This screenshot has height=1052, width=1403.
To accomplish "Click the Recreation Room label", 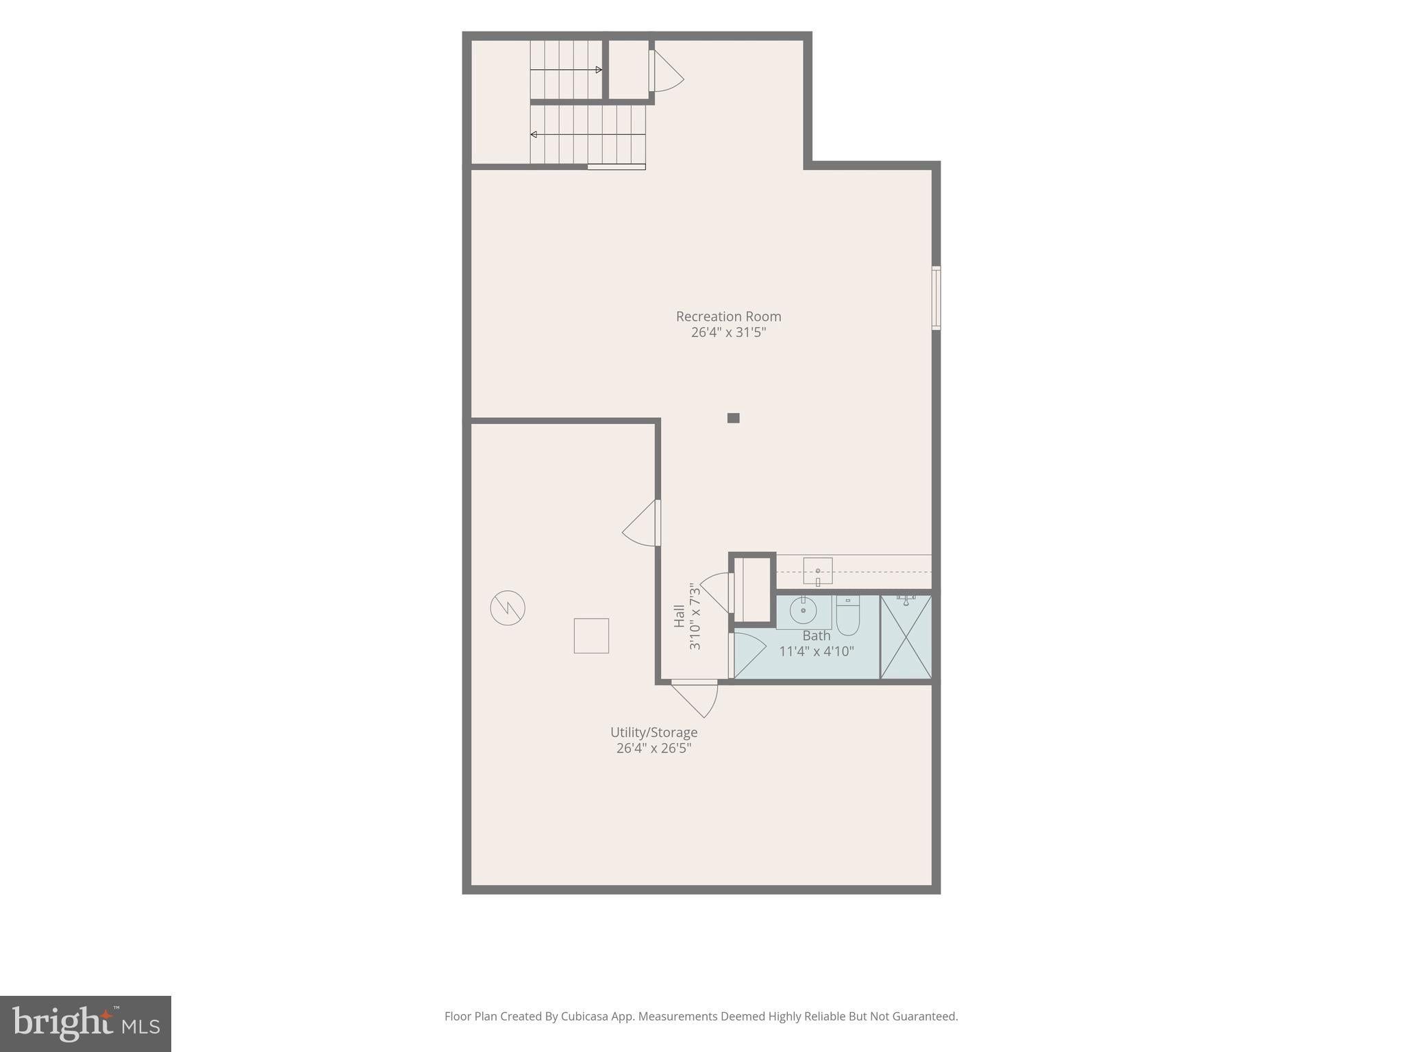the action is pos(728,316).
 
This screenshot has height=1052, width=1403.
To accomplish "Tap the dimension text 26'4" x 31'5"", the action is pos(728,332).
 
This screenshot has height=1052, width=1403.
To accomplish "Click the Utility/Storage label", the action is pos(654,733).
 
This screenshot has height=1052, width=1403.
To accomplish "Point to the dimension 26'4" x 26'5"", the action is pos(654,748).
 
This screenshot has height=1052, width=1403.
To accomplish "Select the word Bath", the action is pos(817,636).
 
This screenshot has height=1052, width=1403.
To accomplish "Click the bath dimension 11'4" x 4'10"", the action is pos(817,651).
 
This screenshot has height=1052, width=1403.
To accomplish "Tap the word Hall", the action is pos(679,616).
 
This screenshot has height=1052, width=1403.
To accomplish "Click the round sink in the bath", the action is pos(803,610).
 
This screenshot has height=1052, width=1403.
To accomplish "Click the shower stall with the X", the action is pos(906,637).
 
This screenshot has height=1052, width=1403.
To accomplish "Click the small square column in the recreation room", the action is pos(733,418).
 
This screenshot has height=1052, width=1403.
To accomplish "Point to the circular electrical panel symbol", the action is pos(508,608).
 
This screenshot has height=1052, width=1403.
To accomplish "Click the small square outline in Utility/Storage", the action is pos(591,636).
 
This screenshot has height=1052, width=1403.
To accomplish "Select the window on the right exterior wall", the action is pos(936,298).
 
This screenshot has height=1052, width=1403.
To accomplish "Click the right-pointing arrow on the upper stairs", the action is pos(566,70).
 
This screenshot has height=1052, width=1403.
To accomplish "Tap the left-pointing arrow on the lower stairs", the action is pos(588,134).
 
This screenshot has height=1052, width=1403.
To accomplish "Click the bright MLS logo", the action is pos(86,1024).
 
